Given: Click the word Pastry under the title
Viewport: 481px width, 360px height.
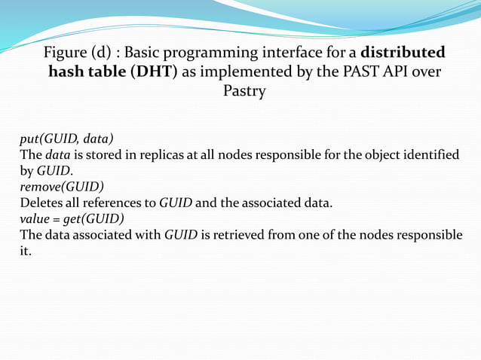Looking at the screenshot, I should [x=244, y=92].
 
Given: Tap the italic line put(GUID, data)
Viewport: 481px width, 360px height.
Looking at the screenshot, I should [x=66, y=139].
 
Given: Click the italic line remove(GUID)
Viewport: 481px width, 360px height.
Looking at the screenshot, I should [x=62, y=186].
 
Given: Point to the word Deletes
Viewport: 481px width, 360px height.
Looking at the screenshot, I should [x=41, y=203].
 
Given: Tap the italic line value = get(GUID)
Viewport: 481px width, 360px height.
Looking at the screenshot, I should [x=72, y=218].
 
